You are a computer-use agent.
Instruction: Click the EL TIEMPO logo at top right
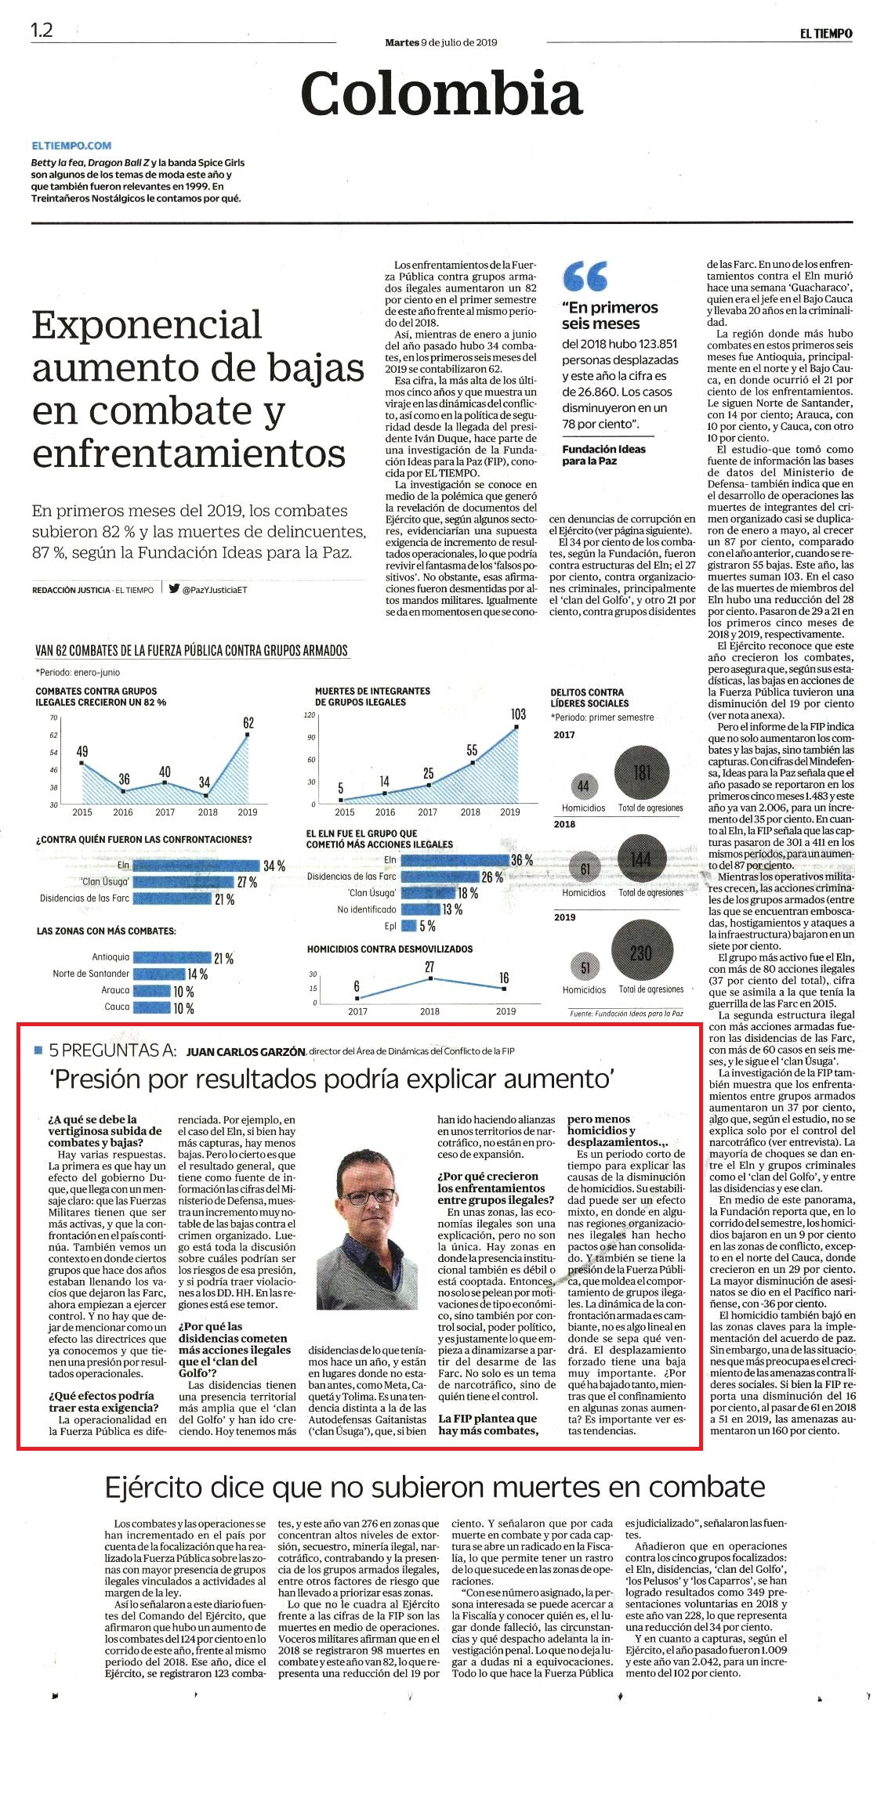click(x=825, y=34)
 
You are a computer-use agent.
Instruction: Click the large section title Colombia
click(x=441, y=94)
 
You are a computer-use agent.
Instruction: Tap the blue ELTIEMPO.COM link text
click(x=72, y=146)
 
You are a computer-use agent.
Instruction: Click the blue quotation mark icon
click(x=585, y=277)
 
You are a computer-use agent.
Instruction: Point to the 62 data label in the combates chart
click(x=248, y=722)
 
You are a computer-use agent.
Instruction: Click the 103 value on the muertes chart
click(x=518, y=714)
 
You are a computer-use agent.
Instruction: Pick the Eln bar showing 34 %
click(x=196, y=866)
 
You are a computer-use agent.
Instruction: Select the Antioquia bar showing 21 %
click(x=172, y=957)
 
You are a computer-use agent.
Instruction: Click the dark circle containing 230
click(x=641, y=953)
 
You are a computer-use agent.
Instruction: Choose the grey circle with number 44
click(x=583, y=786)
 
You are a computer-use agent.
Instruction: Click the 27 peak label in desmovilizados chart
click(x=429, y=967)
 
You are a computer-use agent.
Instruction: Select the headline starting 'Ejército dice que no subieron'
click(x=435, y=1486)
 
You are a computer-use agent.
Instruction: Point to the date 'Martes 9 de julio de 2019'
click(x=441, y=42)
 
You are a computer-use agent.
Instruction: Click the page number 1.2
click(x=42, y=31)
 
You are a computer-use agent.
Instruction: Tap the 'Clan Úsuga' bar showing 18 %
click(x=428, y=893)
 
